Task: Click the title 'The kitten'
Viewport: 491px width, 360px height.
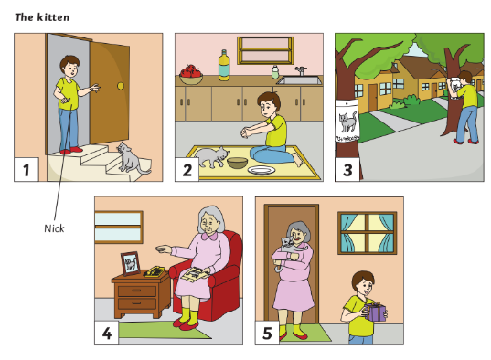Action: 42,17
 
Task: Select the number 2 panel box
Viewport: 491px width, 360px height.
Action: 187,168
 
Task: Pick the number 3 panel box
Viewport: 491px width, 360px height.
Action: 347,168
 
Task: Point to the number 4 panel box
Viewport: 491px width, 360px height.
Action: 107,333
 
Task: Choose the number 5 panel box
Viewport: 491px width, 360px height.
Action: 267,333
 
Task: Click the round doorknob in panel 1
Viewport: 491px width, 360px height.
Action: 120,87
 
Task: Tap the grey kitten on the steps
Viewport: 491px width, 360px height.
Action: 131,161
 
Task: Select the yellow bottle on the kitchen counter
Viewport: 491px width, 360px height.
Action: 224,67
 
